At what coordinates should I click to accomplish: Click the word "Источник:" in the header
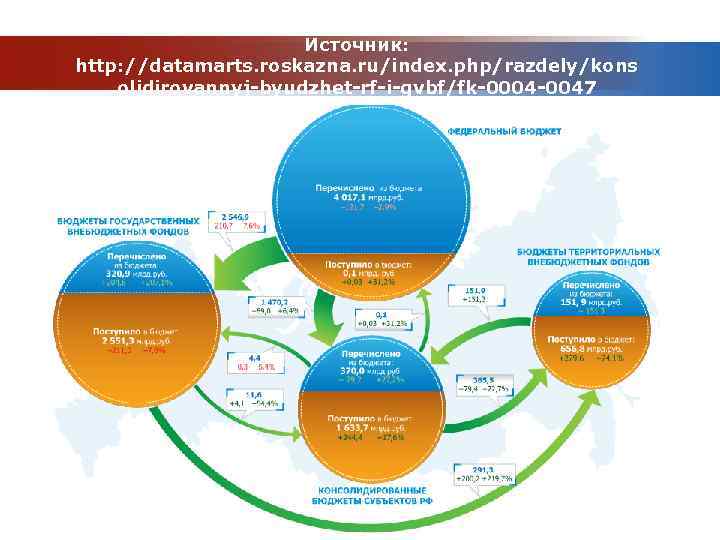coord(356,46)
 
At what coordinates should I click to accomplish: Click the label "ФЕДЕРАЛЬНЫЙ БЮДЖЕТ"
coord(504,131)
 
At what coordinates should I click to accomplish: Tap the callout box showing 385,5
coord(483,385)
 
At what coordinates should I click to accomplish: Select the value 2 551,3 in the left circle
coord(114,341)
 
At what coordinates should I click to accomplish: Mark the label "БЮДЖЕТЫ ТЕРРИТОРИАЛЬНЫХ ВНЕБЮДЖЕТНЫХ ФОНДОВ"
coord(588,257)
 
